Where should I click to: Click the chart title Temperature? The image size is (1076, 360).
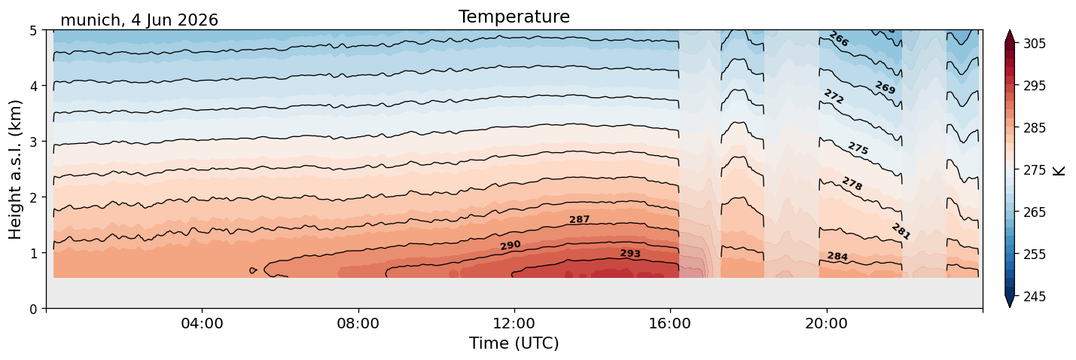click(x=514, y=17)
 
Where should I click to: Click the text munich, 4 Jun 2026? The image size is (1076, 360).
click(x=139, y=20)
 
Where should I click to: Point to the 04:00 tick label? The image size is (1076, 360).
click(x=203, y=323)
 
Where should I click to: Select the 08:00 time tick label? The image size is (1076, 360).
click(x=358, y=323)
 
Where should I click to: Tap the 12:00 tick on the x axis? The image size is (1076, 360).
click(x=514, y=323)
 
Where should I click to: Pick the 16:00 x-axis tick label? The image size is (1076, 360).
click(x=670, y=323)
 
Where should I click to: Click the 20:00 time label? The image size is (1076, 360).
click(x=826, y=323)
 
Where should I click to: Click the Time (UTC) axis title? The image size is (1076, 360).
click(x=514, y=343)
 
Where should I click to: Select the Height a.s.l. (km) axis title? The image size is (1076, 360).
click(x=15, y=169)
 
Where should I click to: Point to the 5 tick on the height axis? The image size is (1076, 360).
click(x=34, y=31)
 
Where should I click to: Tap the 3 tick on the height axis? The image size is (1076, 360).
click(x=34, y=142)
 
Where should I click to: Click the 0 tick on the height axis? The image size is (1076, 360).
click(x=34, y=309)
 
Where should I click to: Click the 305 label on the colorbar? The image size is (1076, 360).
click(x=1034, y=44)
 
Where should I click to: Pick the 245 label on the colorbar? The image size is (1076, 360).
click(x=1034, y=297)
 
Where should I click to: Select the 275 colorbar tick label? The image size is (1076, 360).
click(x=1034, y=170)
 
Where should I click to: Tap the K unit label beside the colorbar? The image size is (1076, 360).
click(x=1059, y=170)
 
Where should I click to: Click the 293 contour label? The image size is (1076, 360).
click(x=630, y=253)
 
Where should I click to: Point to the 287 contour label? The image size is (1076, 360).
click(x=579, y=220)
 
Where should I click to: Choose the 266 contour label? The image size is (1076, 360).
click(x=839, y=39)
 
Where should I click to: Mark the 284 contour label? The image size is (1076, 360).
click(x=837, y=256)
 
